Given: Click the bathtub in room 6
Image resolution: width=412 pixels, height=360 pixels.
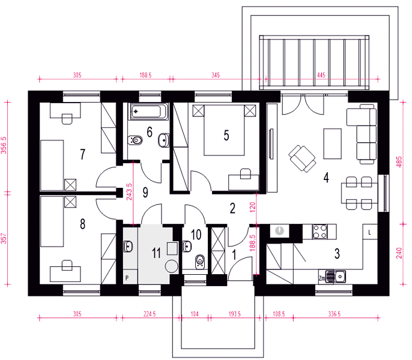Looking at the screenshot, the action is (x=149, y=112).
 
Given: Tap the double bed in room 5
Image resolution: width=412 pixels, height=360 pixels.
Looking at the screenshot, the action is (x=225, y=130).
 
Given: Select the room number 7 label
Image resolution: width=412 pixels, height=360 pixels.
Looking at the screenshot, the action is (x=83, y=154).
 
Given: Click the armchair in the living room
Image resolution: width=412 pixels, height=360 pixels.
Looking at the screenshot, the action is (x=302, y=158).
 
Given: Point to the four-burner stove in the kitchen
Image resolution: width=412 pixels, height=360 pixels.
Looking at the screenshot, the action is (x=320, y=232).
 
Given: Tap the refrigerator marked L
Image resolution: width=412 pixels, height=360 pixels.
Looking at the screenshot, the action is (x=370, y=232).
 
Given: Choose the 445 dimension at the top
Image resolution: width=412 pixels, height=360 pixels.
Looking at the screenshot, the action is (x=321, y=75).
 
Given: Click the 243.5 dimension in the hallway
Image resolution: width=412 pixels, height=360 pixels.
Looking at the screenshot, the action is (x=129, y=191).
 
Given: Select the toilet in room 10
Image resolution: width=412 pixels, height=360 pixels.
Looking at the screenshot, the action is (x=200, y=261).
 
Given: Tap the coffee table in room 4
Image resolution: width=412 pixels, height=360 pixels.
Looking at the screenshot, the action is (x=332, y=143).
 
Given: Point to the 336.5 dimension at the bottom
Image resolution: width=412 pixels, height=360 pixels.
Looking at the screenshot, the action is (x=334, y=314).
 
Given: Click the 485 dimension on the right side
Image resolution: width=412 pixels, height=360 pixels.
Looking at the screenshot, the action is (x=399, y=162).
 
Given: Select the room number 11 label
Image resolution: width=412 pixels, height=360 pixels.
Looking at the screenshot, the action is (x=156, y=253).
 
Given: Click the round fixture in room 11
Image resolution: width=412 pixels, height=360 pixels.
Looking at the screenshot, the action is (x=171, y=266).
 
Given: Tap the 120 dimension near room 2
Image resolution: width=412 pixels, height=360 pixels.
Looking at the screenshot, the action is (x=252, y=208).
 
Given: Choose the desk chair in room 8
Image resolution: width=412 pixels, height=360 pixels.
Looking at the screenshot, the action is (x=67, y=265).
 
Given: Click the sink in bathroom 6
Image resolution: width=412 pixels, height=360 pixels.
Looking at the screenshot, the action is (x=164, y=140).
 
